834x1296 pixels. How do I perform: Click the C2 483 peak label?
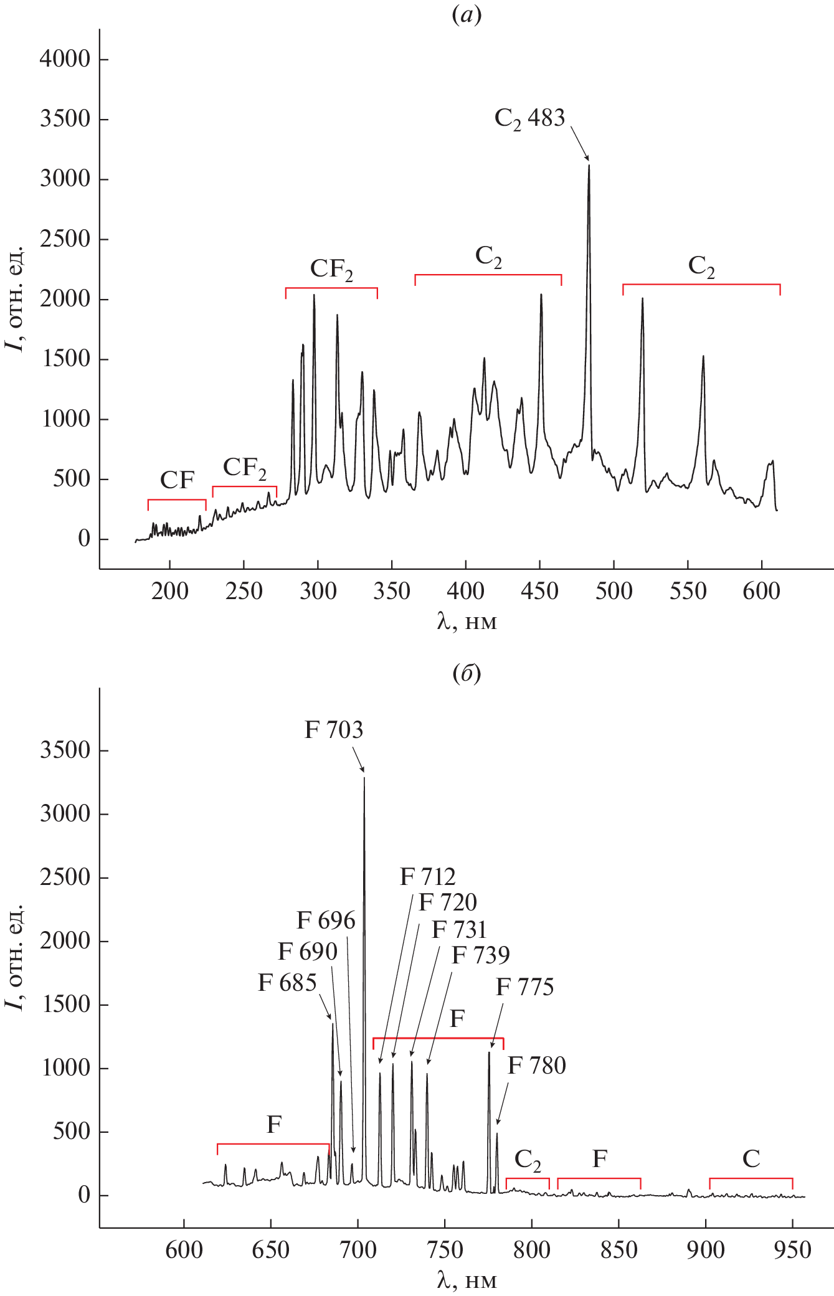(x=529, y=118)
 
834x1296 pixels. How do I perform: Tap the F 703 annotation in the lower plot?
(x=333, y=730)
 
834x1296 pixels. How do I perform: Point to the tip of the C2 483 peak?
(x=589, y=165)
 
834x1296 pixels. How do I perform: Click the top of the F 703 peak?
(x=364, y=777)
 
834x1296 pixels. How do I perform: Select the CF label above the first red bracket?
(x=177, y=480)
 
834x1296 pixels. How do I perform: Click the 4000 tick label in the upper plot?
(x=65, y=59)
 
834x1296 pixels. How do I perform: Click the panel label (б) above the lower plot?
(x=467, y=673)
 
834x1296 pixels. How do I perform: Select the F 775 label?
(x=524, y=987)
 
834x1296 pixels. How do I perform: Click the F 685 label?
(x=287, y=983)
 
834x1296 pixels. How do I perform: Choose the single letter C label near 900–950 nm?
(x=751, y=1158)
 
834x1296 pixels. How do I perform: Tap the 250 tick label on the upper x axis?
(x=244, y=591)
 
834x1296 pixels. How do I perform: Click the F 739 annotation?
(x=480, y=955)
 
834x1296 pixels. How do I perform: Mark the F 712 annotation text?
(x=427, y=877)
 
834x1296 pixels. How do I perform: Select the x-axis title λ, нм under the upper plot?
(x=467, y=622)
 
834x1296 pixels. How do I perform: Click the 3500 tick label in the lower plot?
(x=65, y=750)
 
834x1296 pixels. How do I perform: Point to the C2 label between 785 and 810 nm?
(x=528, y=1160)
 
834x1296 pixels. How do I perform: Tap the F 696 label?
(x=326, y=920)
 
